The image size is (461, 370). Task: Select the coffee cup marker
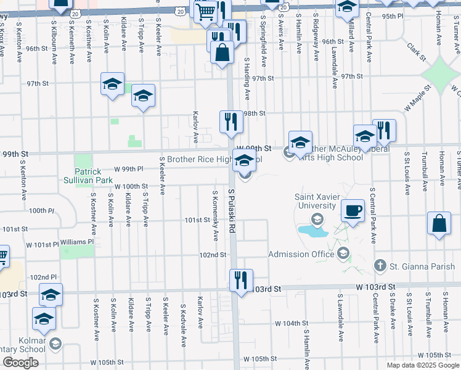tap(353, 211)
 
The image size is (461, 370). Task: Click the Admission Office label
tap(301, 254)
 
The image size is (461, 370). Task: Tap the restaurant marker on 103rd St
tap(240, 279)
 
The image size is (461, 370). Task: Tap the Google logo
tap(20, 362)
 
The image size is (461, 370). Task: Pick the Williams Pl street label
tap(76, 242)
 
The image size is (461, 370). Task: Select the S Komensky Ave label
tap(215, 216)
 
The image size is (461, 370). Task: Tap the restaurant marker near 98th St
tap(232, 122)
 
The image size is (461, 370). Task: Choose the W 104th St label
tap(292, 323)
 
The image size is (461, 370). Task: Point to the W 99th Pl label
tap(129, 168)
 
